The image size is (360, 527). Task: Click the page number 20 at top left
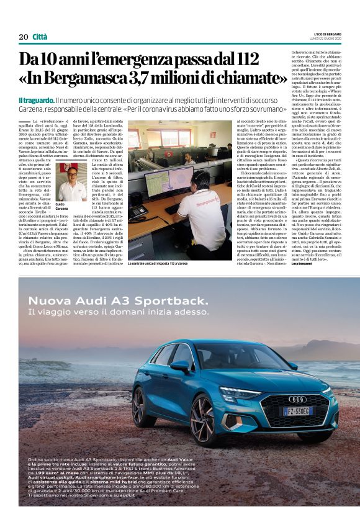click(x=23, y=37)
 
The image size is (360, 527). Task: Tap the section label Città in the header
click(x=40, y=37)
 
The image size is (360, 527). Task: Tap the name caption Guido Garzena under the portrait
click(x=60, y=206)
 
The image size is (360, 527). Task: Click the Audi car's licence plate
click(x=297, y=411)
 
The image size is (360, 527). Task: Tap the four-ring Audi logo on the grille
click(x=297, y=399)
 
